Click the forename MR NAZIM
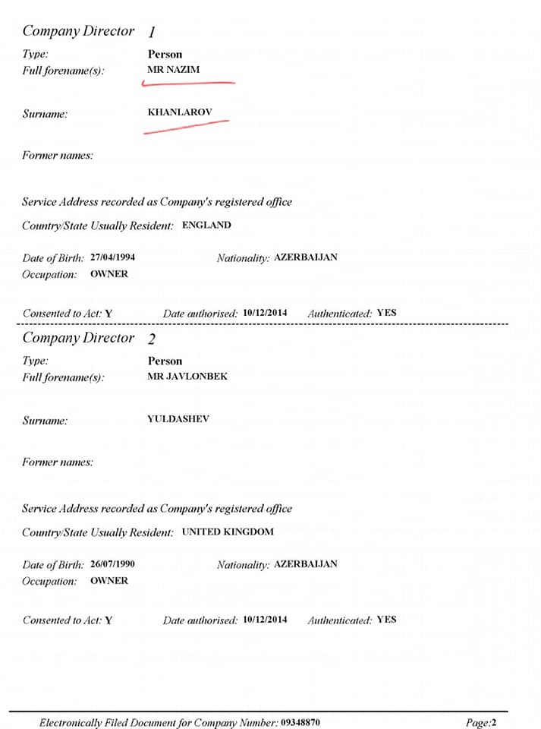coord(173,70)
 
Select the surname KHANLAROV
coord(180,112)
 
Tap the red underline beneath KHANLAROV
coord(186,126)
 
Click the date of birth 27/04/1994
coord(112,257)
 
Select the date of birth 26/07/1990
coord(112,564)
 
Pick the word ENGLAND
coord(206,226)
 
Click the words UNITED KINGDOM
coord(228,532)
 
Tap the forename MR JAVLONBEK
coord(187,376)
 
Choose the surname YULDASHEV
coord(178,418)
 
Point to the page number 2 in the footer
coord(494,723)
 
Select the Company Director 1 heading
coord(89,32)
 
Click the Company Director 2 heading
coord(89,339)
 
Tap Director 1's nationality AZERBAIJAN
coord(305,257)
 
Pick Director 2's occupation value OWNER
coord(109,581)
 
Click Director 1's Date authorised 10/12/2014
coord(265,313)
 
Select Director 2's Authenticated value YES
coord(386,620)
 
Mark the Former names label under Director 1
coord(58,156)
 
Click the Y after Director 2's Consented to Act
coord(109,620)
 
